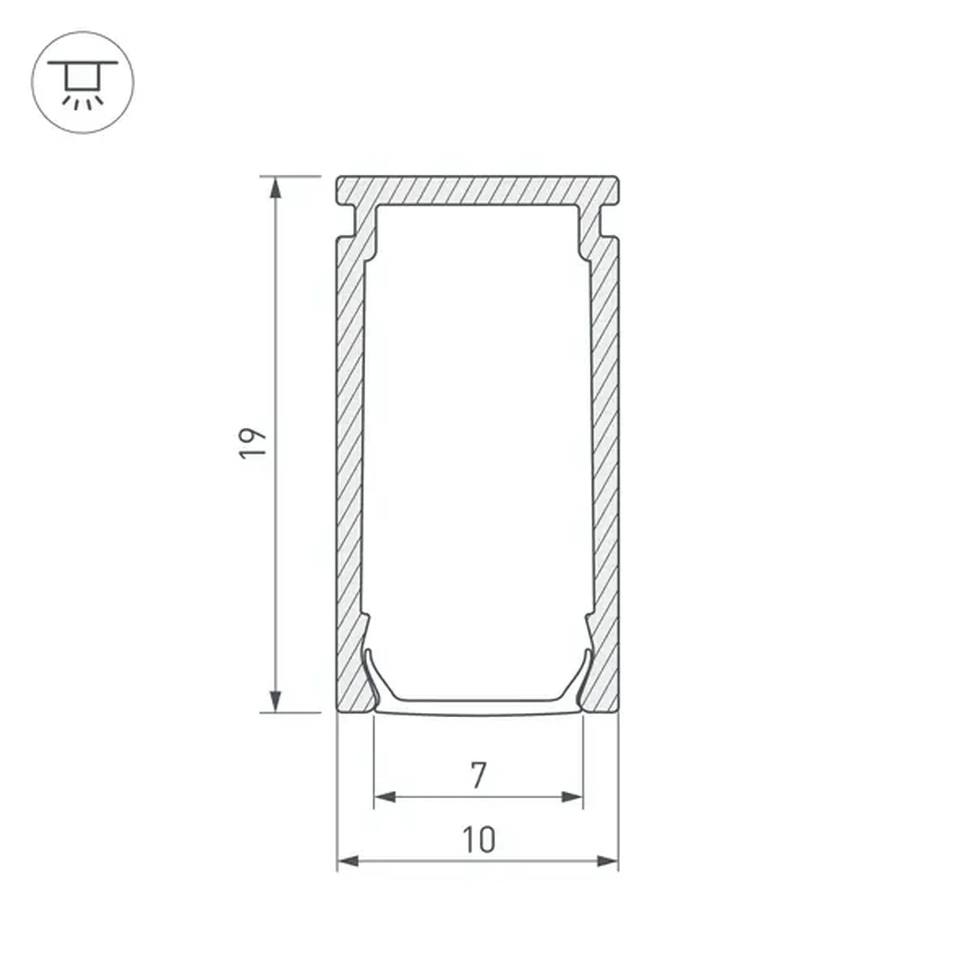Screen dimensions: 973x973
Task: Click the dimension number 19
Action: coord(252,444)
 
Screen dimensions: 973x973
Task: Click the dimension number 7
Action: coord(479,775)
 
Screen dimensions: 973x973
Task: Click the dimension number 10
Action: coord(479,839)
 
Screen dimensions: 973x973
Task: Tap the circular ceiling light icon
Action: coord(83,83)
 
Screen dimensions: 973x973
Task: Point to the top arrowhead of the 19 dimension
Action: coord(275,188)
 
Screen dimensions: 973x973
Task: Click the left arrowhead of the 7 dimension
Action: coord(385,797)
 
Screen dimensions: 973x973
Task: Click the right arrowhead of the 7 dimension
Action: coord(572,797)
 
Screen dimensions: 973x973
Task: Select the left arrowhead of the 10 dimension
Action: coord(348,861)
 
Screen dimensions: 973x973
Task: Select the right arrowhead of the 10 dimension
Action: coord(608,861)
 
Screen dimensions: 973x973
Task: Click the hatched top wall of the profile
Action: coord(478,191)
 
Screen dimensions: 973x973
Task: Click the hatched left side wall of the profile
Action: coord(350,453)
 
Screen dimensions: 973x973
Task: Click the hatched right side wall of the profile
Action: coord(606,453)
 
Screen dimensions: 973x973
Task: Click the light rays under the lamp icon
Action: coord(83,103)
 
